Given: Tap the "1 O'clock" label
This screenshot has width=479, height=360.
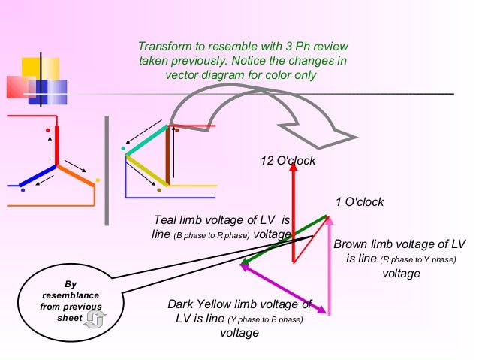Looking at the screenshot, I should (360, 201).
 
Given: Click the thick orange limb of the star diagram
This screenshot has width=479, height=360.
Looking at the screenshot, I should (76, 174).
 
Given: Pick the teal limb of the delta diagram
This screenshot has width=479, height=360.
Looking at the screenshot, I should (146, 141).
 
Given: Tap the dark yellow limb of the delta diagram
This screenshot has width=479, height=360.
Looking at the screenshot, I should (146, 169).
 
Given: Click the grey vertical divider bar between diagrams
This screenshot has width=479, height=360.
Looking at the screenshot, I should (107, 171).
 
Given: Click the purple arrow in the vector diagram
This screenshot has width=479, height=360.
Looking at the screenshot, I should (285, 287).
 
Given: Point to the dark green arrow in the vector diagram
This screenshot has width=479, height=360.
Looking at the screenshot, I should (285, 241).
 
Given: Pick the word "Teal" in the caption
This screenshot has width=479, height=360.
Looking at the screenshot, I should (166, 220).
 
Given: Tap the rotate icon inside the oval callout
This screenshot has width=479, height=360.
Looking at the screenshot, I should (94, 321).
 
